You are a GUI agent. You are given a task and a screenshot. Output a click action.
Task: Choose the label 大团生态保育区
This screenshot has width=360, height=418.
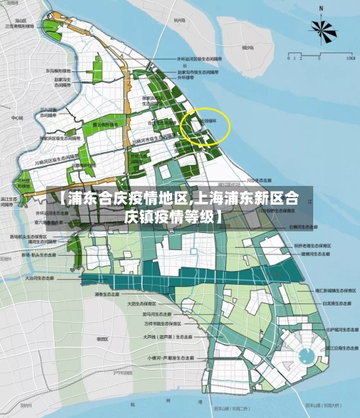[x=141, y=304]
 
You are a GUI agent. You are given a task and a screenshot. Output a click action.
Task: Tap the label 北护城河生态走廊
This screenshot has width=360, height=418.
[x=338, y=329]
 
